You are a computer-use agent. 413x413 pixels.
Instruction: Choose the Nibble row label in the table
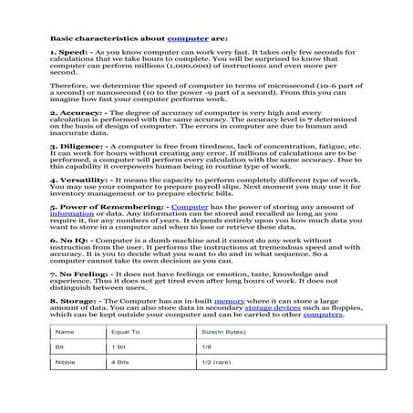click(65, 388)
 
